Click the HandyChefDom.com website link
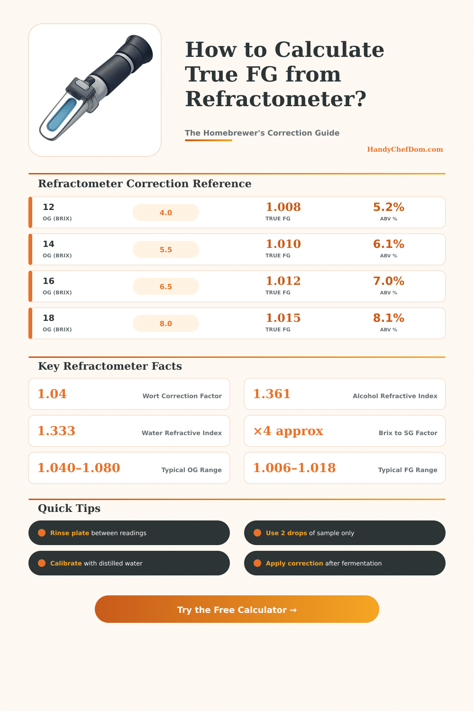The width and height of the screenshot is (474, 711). coord(405,149)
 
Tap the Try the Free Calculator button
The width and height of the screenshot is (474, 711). coord(237,610)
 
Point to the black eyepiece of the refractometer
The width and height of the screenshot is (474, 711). coord(138,52)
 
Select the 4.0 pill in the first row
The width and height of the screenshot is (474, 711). coord(166,213)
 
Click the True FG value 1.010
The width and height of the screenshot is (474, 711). coord(283,244)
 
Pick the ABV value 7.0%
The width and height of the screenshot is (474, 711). coord(388,281)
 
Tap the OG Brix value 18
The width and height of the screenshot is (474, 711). coord(48,318)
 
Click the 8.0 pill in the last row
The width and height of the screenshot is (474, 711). coord(166,324)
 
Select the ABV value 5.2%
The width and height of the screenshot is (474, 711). coord(388,207)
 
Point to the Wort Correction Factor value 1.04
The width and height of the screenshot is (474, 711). coord(52,394)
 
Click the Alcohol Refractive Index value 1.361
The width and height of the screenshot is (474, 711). coord(272,394)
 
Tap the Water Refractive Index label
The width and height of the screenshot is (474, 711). coord(182,433)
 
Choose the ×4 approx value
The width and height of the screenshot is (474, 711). coord(288,431)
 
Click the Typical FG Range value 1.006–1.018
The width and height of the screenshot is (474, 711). coord(294,468)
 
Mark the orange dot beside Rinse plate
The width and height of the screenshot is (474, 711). coord(42,533)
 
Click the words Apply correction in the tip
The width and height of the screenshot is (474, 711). coord(294,563)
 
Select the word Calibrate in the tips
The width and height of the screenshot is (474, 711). coord(66,563)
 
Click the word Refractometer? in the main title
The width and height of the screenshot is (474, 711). coord(275,99)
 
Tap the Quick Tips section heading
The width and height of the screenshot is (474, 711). coord(69,508)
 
